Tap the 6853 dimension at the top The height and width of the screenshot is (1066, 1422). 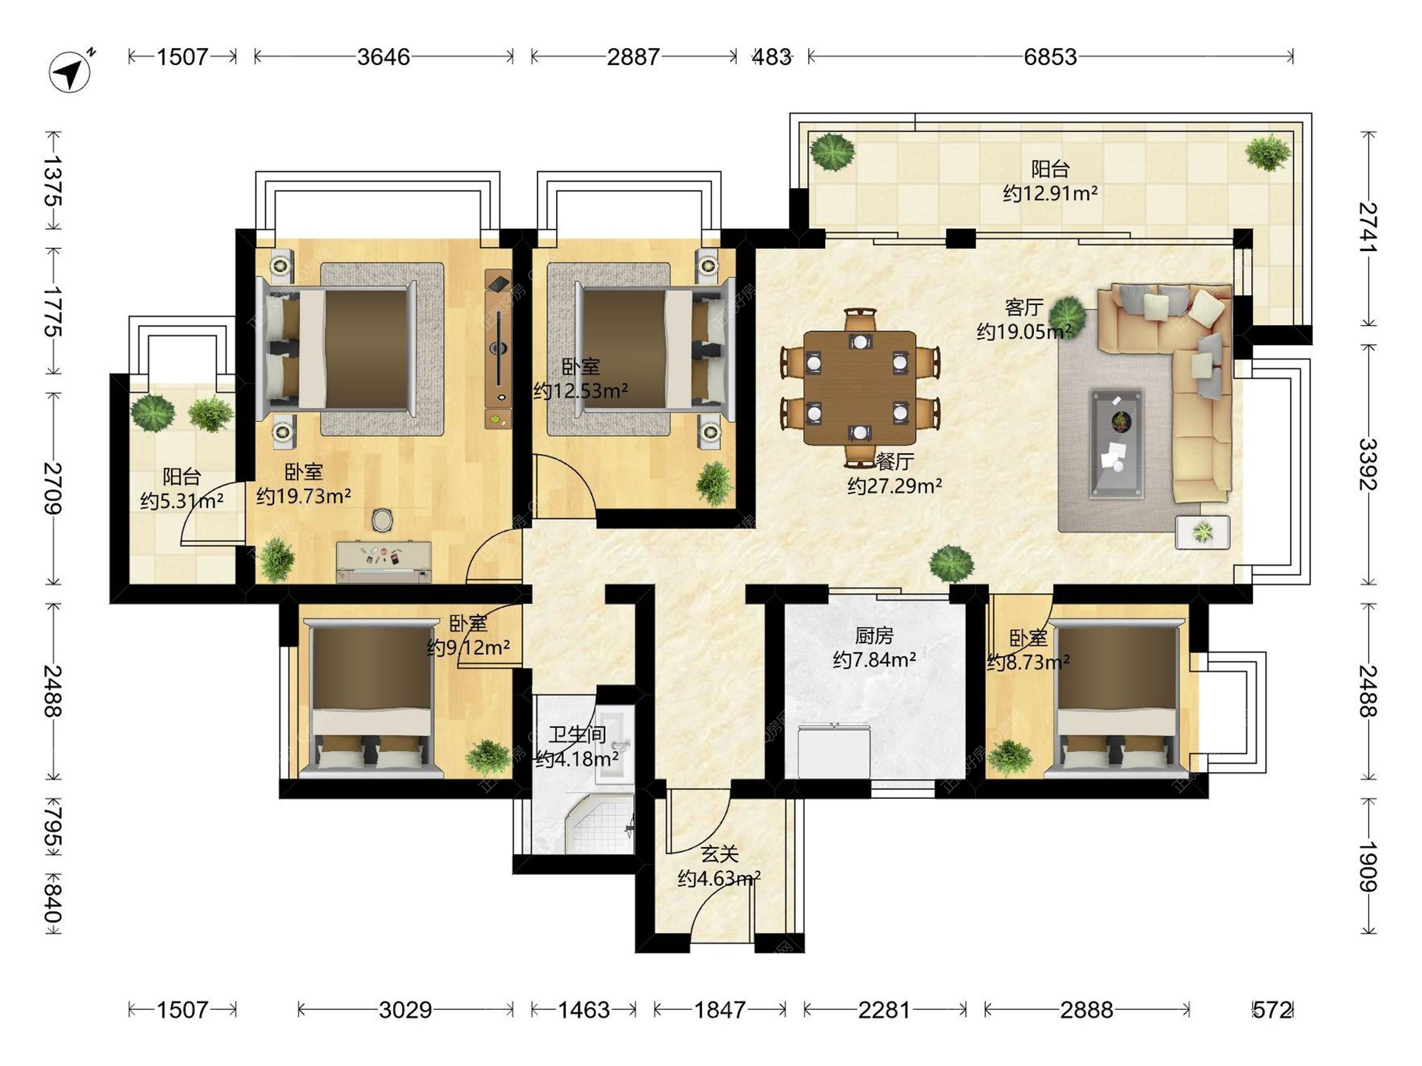click(x=1050, y=57)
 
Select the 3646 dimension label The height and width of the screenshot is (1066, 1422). click(x=384, y=57)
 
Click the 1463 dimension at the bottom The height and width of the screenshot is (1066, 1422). click(x=584, y=1010)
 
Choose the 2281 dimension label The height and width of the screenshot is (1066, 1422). click(x=884, y=1010)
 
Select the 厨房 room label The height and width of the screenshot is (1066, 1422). click(x=874, y=635)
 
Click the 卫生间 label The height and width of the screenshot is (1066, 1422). click(x=578, y=734)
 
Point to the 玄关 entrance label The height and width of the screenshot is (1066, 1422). click(x=720, y=854)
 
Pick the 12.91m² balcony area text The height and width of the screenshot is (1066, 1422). click(x=1050, y=193)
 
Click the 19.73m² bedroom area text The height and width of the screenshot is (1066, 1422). click(x=304, y=495)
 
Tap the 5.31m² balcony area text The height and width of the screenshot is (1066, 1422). click(x=182, y=500)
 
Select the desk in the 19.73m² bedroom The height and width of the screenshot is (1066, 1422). click(x=384, y=562)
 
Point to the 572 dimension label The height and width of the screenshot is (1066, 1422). click(x=1272, y=1010)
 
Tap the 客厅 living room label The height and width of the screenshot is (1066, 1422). click(x=1024, y=306)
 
